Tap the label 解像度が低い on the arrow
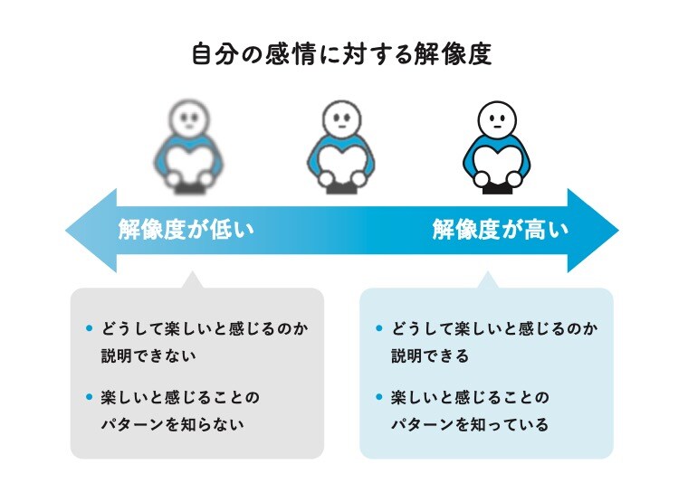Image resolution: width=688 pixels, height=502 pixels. pyautogui.click(x=186, y=230)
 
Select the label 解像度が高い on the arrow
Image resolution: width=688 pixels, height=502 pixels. pyautogui.click(x=501, y=230)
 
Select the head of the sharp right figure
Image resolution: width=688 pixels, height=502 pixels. pyautogui.click(x=497, y=118)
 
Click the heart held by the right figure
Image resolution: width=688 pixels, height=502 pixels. pyautogui.click(x=497, y=165)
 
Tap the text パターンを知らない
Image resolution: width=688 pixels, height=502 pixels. pyautogui.click(x=172, y=424)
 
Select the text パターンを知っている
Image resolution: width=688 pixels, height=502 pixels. pyautogui.click(x=470, y=424)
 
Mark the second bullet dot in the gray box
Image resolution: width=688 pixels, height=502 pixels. pyautogui.click(x=88, y=397)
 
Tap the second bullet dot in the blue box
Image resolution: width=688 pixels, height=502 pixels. pyautogui.click(x=378, y=397)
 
